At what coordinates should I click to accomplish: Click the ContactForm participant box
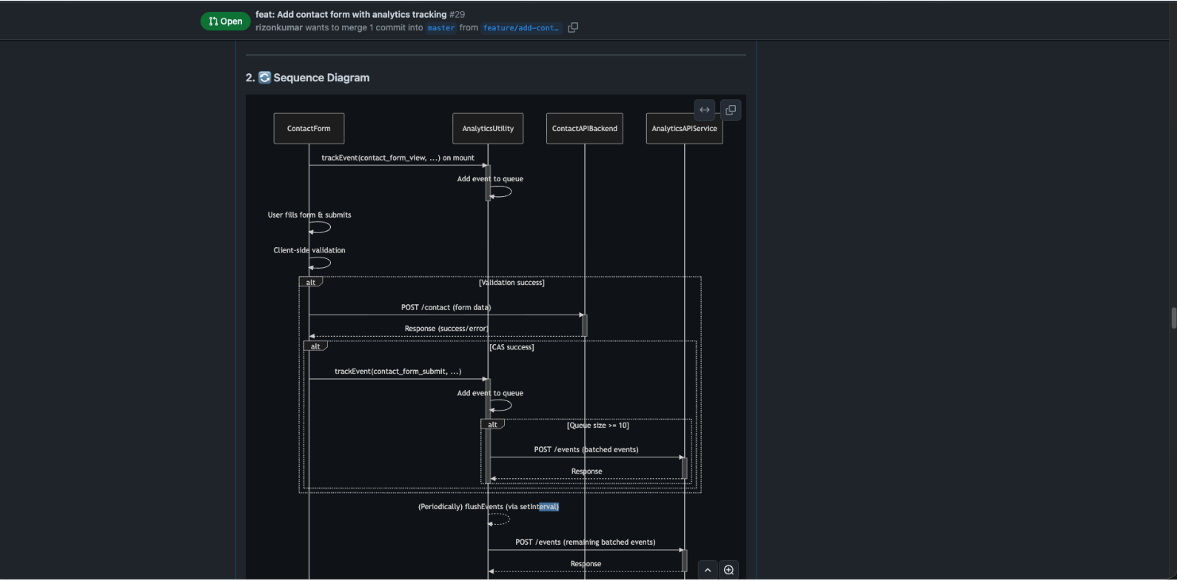click(309, 129)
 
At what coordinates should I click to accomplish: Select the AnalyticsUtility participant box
click(488, 129)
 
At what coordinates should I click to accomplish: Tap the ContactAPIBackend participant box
click(584, 129)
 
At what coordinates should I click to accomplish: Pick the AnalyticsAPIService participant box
click(684, 129)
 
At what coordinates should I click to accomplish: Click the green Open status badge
click(225, 21)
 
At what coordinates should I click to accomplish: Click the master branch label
click(441, 28)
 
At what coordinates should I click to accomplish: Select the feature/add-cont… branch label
click(520, 28)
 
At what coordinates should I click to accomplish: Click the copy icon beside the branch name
click(573, 27)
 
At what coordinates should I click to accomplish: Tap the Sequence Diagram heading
click(321, 78)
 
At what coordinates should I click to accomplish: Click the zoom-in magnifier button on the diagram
click(729, 570)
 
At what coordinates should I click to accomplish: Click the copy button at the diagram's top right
click(731, 110)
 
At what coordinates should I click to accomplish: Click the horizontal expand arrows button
click(705, 110)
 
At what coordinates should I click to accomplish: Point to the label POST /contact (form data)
click(446, 307)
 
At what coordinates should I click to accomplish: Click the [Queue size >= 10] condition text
click(597, 426)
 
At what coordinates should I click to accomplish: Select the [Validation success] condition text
click(512, 283)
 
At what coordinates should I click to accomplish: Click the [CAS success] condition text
click(512, 347)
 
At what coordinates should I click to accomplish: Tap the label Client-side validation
click(309, 250)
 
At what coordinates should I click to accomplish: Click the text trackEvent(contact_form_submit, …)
click(398, 372)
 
